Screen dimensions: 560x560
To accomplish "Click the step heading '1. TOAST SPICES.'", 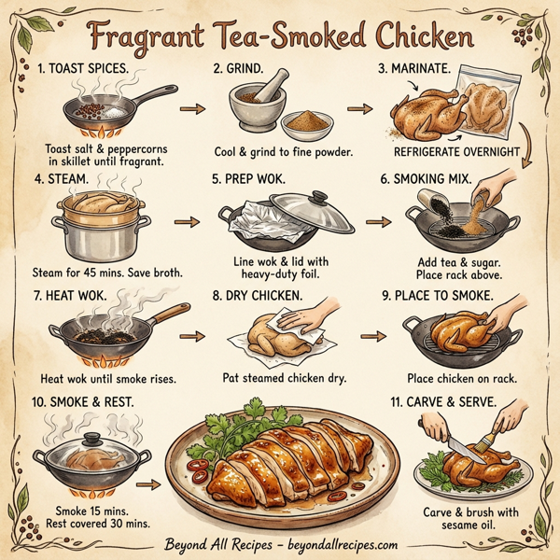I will pos(89,70).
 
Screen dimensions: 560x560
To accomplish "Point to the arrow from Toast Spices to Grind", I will pos(188,109).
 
